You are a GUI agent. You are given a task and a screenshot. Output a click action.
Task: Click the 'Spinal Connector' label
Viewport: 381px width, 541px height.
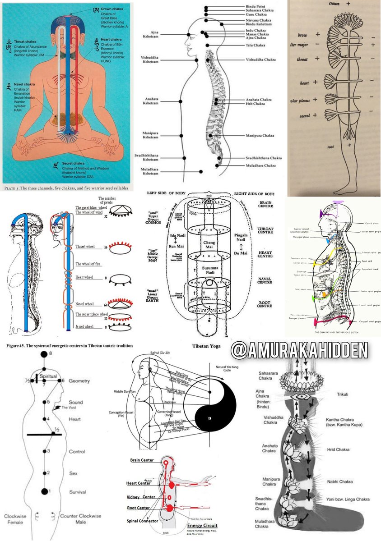142,521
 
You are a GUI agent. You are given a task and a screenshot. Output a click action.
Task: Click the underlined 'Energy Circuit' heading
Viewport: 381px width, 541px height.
202,526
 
